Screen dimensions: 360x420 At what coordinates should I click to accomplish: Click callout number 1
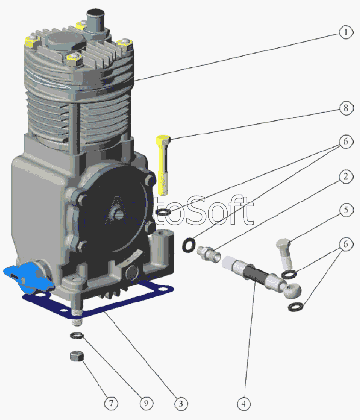click(x=346, y=33)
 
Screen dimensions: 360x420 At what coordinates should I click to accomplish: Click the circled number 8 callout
click(x=346, y=108)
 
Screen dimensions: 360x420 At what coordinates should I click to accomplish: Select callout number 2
click(x=346, y=177)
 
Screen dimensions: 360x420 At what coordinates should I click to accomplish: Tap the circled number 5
click(x=346, y=210)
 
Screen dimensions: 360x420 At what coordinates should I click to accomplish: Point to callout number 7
click(x=111, y=403)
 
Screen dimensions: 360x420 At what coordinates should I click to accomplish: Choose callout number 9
click(x=146, y=403)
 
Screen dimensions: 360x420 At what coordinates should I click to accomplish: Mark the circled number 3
click(x=181, y=403)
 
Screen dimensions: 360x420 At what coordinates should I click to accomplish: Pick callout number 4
click(x=244, y=403)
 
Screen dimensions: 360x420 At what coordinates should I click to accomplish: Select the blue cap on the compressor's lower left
click(x=28, y=279)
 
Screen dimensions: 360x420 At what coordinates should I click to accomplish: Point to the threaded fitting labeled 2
click(x=209, y=254)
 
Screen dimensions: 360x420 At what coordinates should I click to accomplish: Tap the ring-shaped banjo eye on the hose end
click(x=292, y=291)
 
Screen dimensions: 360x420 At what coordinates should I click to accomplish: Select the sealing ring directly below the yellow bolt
click(x=163, y=212)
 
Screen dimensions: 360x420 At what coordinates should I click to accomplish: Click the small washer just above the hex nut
click(x=77, y=335)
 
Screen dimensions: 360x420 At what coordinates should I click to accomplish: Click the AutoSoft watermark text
click(x=179, y=211)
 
